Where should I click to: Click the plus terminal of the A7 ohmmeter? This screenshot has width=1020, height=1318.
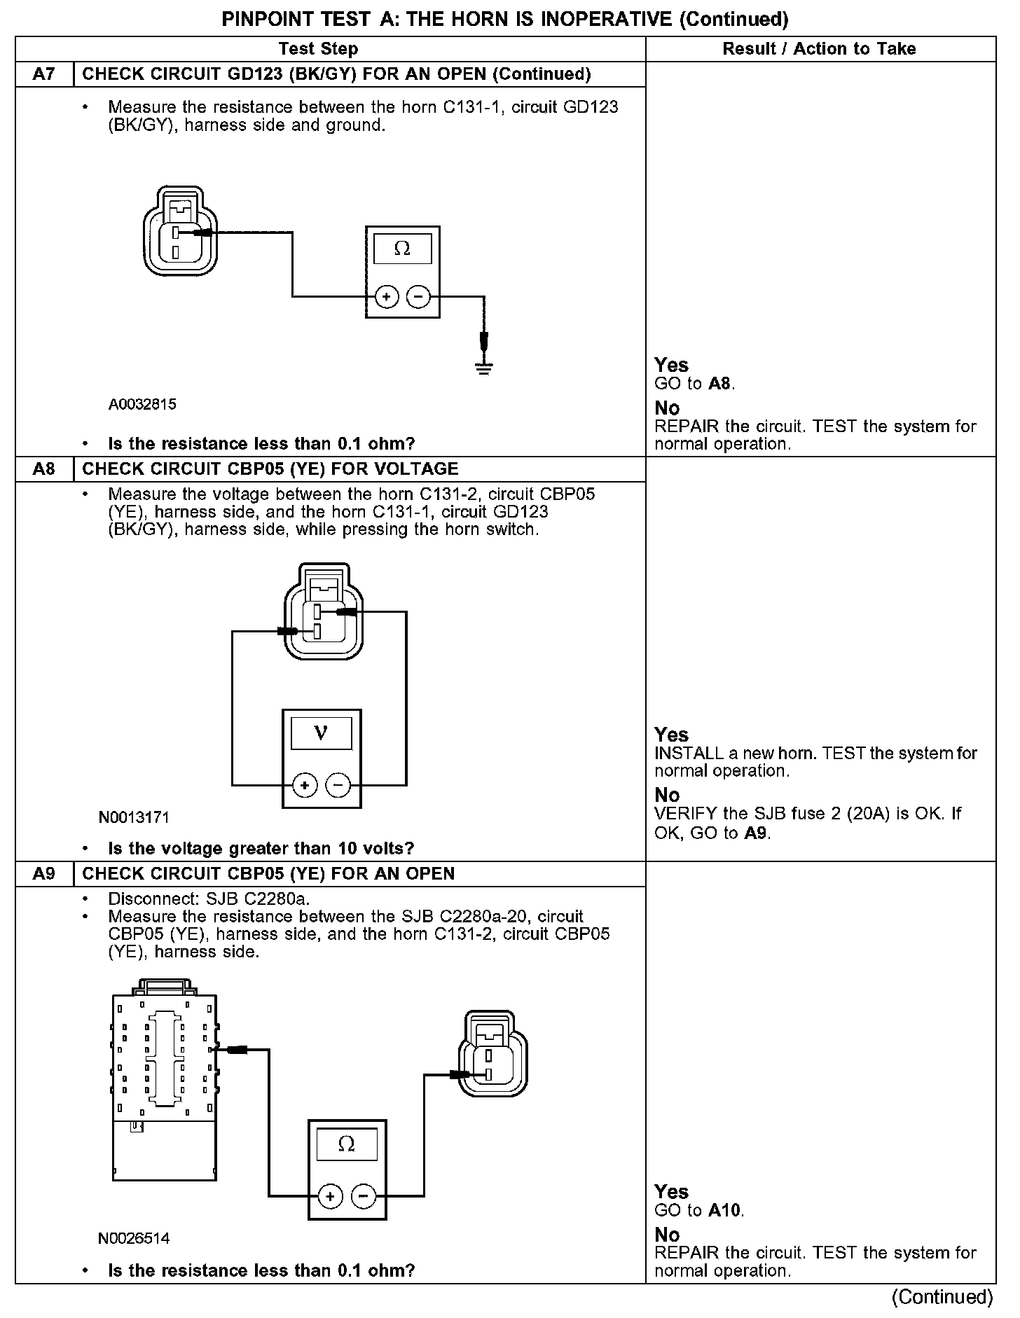click(x=387, y=297)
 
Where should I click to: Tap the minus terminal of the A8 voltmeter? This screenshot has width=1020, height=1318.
click(x=338, y=785)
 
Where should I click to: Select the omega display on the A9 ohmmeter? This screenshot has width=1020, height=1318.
click(x=347, y=1144)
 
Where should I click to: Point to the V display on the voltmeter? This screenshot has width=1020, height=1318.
click(x=322, y=733)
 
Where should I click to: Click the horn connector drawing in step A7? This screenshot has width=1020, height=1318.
click(x=180, y=231)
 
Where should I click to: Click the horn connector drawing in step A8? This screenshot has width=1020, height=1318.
click(x=323, y=610)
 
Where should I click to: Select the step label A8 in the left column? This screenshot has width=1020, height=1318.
click(x=44, y=469)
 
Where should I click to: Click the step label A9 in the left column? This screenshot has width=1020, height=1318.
click(x=44, y=873)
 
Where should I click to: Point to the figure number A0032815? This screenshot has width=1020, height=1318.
click(x=142, y=404)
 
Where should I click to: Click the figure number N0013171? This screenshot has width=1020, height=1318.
click(x=134, y=817)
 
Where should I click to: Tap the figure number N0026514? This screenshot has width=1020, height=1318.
click(x=134, y=1237)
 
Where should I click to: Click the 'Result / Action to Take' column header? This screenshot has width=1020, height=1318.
click(x=819, y=48)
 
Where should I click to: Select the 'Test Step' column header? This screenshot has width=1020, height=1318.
click(x=318, y=48)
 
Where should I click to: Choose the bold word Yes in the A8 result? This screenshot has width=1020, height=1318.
click(x=671, y=735)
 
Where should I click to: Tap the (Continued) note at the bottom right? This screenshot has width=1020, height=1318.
click(x=942, y=1297)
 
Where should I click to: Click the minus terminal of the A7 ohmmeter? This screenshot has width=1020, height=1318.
click(x=419, y=297)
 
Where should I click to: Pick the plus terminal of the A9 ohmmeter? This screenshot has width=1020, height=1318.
click(x=330, y=1197)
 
